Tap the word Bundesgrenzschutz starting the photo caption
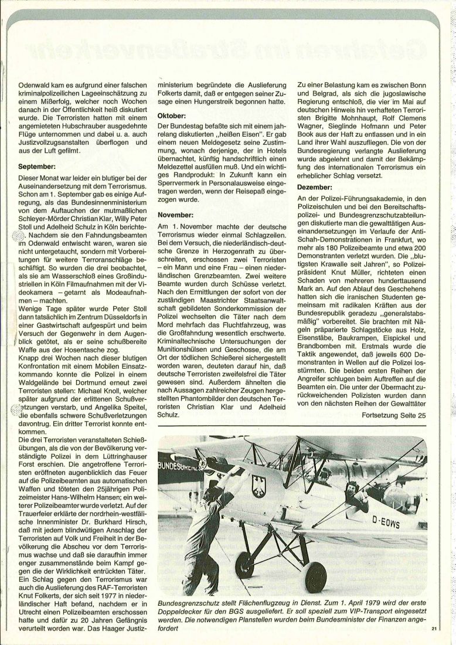188,605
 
